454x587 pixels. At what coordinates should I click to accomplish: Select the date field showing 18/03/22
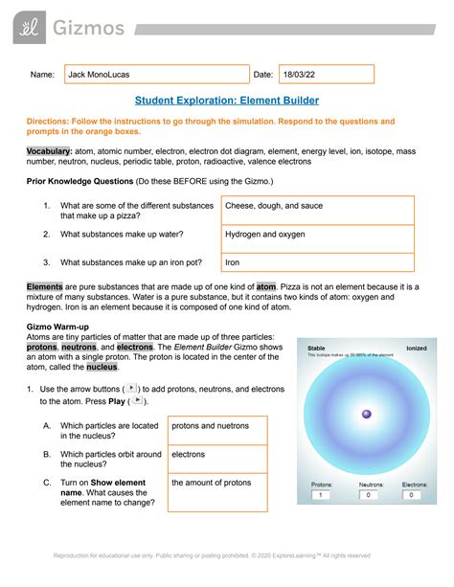point(326,75)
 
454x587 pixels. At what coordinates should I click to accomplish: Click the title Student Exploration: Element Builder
point(226,101)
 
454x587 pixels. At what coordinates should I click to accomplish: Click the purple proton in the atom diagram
point(365,414)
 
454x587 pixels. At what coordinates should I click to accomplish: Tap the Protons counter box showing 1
point(321,495)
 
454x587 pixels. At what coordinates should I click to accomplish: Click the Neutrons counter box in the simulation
point(369,495)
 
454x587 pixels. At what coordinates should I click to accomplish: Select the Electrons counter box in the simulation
point(414,495)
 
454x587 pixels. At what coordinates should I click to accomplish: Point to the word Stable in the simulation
point(317,348)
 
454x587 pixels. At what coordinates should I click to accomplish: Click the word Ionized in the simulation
point(417,348)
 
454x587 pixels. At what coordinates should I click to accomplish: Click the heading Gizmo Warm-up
point(62,326)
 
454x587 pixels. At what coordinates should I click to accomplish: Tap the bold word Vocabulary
point(49,152)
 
